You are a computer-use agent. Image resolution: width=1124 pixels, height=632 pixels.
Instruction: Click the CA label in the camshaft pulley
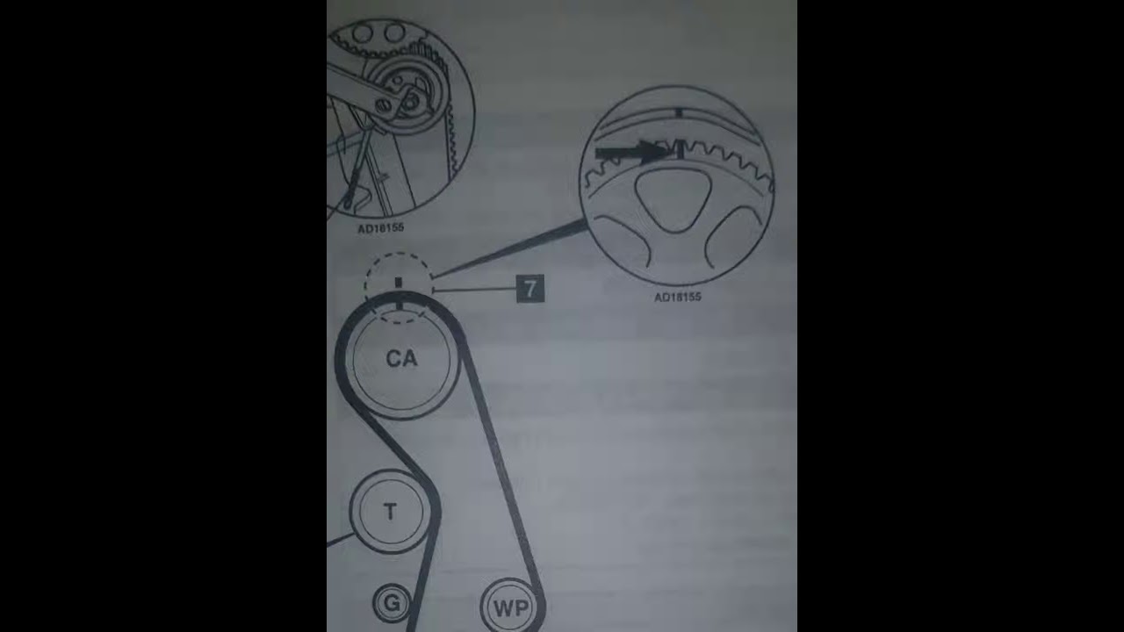[401, 359]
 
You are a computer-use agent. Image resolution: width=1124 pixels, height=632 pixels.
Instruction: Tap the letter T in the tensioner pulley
[390, 512]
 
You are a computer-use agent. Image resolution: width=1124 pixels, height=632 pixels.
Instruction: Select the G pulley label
[392, 602]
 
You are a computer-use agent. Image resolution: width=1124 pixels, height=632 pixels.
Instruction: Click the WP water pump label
[511, 608]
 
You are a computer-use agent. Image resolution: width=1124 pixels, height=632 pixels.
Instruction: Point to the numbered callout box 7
[530, 289]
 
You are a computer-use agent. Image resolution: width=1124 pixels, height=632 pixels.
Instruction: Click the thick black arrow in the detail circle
[632, 152]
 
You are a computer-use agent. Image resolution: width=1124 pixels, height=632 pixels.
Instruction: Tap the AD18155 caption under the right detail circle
[677, 297]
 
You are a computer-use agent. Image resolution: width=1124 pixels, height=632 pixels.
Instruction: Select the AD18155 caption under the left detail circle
[380, 228]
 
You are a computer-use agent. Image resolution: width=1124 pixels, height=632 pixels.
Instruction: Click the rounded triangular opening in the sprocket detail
[673, 199]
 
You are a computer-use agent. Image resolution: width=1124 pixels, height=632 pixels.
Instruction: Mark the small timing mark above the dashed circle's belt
[399, 283]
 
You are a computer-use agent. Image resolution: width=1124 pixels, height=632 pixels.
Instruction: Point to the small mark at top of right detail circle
[679, 113]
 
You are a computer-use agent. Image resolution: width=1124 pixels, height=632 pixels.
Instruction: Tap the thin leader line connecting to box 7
[475, 290]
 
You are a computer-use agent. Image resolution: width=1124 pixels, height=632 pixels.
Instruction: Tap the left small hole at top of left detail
[362, 33]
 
